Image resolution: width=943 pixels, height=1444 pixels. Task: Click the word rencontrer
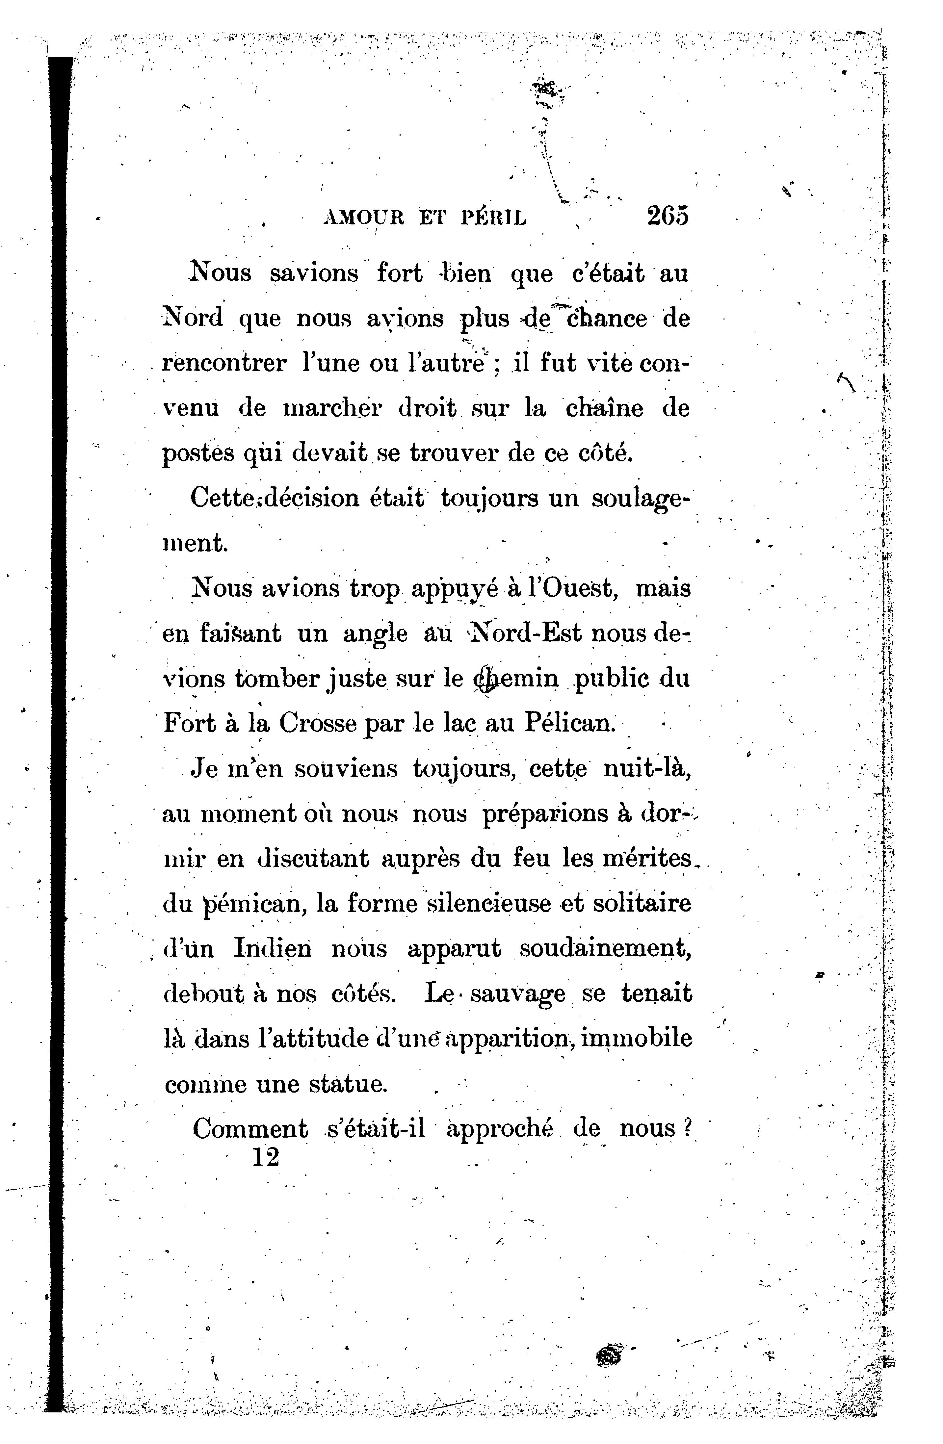pyautogui.click(x=224, y=363)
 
